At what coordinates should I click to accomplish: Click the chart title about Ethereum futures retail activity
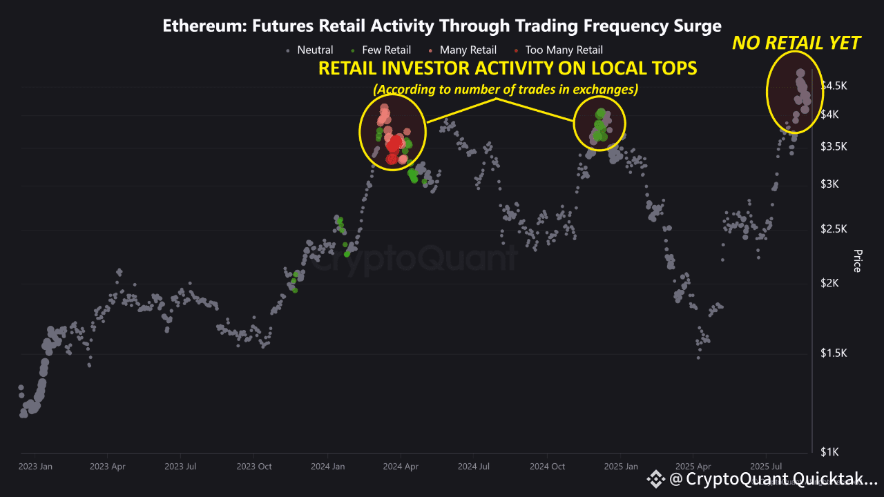[442, 26]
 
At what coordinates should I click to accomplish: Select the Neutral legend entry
[310, 50]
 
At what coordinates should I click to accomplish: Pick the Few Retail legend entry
[381, 50]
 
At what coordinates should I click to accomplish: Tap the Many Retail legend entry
[463, 50]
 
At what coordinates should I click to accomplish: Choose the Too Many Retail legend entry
[559, 50]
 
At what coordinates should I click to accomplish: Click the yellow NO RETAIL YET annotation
[796, 43]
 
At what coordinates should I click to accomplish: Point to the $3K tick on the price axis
[829, 184]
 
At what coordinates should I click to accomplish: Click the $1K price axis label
[829, 452]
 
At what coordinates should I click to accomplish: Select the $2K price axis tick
[829, 283]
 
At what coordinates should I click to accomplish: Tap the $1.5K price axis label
[834, 353]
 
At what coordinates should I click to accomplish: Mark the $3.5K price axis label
[834, 147]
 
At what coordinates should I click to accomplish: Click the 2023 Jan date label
[35, 467]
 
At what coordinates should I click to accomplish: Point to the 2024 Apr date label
[401, 467]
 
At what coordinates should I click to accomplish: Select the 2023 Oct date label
[254, 467]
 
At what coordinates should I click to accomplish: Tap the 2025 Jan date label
[621, 467]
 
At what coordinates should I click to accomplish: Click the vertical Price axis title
[857, 261]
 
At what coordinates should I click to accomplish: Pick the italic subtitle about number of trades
[506, 90]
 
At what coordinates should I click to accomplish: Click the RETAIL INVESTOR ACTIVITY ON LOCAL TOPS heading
[508, 68]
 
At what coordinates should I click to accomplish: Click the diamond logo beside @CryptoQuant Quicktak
[656, 479]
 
